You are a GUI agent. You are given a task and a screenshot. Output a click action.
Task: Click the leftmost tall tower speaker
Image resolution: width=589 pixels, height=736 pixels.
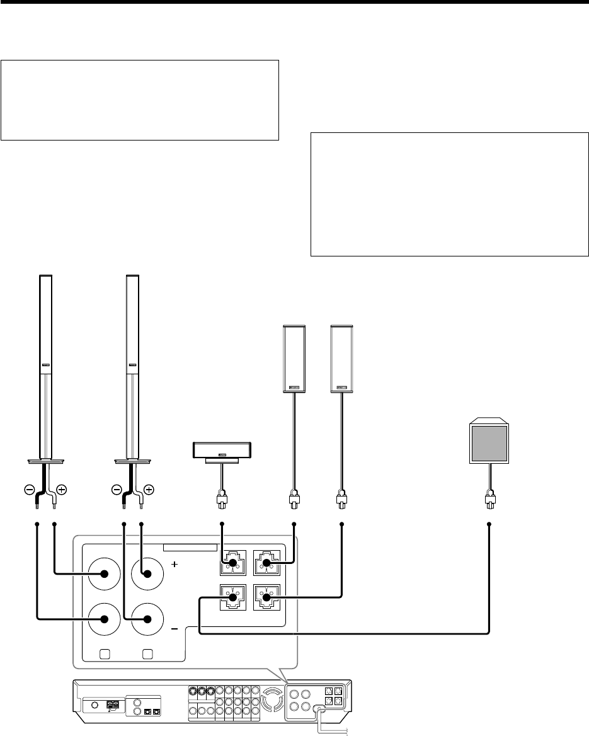click(x=45, y=365)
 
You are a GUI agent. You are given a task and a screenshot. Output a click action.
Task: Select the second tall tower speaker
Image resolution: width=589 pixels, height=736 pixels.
click(x=132, y=365)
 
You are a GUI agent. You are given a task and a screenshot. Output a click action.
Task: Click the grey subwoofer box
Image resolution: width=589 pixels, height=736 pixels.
click(x=489, y=442)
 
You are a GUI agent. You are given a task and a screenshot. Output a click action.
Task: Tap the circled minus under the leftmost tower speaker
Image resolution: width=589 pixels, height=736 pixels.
click(x=30, y=489)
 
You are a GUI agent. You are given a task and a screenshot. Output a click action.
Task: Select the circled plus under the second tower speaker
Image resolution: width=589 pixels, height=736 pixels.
click(x=149, y=489)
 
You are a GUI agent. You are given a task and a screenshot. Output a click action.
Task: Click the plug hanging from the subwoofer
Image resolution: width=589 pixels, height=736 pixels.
click(x=489, y=502)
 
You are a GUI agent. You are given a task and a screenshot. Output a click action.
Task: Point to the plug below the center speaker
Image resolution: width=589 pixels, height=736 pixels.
click(x=222, y=502)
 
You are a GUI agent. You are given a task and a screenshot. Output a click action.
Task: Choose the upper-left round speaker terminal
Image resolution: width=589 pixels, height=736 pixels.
click(x=104, y=574)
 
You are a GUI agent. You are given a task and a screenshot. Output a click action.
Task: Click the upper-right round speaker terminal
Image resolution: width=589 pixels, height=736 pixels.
click(x=147, y=574)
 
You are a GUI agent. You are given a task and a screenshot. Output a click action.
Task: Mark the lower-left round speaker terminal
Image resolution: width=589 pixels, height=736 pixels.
click(x=104, y=618)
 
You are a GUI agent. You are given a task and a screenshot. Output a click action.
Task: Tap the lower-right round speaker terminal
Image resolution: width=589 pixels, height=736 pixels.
click(x=147, y=618)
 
